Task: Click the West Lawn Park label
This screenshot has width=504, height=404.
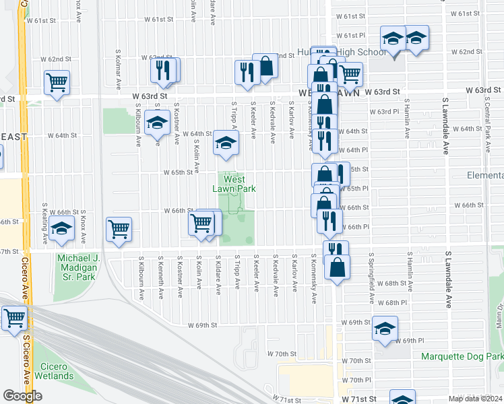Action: pos(234,184)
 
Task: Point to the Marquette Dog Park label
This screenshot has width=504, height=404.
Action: pos(462,356)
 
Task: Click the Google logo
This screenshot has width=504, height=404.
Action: pos(22,396)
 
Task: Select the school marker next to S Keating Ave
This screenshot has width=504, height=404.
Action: pos(61,228)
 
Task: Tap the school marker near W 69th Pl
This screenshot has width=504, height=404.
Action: pos(385,330)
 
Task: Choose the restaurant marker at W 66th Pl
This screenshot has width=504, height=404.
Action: pos(329,220)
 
